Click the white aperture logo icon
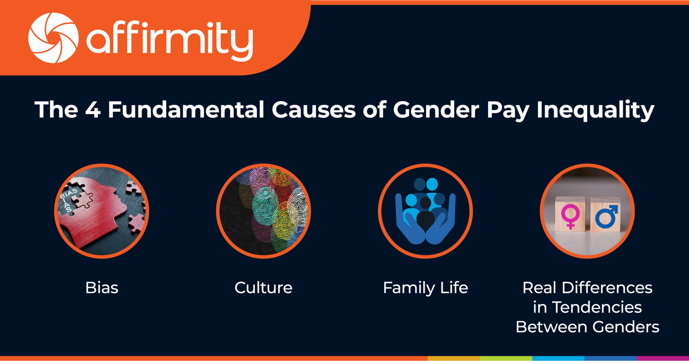tap(53, 38)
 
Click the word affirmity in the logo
tap(170, 40)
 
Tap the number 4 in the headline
tap(93, 110)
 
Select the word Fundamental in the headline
tap(186, 110)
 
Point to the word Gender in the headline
tap(436, 110)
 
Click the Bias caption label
tap(102, 288)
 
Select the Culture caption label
tap(263, 288)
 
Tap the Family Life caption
tap(425, 288)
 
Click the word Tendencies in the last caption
tap(597, 307)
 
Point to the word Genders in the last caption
tap(625, 327)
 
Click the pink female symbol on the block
tap(570, 216)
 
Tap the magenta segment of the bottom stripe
tap(663, 358)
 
